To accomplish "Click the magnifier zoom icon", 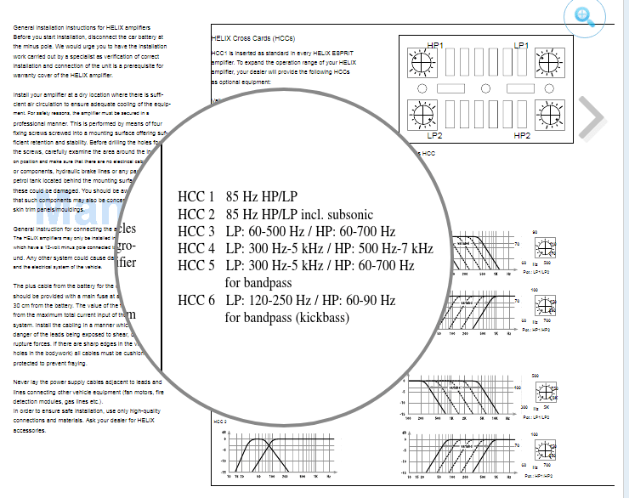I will [x=585, y=18].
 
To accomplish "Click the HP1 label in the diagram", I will [x=436, y=44].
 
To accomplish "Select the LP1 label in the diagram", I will [x=521, y=44].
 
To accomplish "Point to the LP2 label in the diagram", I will [x=435, y=135].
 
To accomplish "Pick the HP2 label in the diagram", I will [x=522, y=135].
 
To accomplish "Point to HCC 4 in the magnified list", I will [x=196, y=248].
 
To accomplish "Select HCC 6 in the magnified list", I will [x=196, y=300].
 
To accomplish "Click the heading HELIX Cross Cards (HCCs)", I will [x=253, y=38].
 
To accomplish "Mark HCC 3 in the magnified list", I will [x=196, y=231].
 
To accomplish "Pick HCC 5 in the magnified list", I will [x=196, y=265].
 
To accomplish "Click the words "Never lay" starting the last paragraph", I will [x=28, y=382].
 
